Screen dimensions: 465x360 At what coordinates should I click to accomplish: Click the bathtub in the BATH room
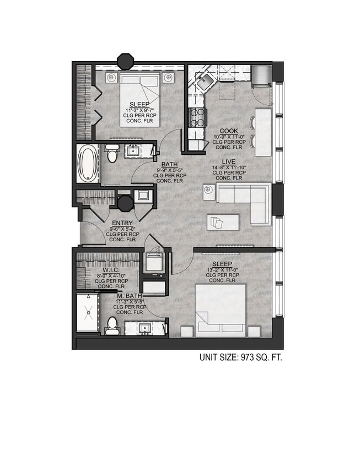[88, 164]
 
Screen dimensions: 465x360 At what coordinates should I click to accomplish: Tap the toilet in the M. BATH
[112, 326]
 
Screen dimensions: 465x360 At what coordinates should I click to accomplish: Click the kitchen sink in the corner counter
[205, 81]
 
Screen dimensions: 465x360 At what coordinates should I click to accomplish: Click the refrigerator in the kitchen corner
[261, 75]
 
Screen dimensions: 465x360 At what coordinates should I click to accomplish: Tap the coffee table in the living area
[223, 223]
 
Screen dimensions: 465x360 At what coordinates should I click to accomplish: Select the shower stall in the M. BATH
[87, 312]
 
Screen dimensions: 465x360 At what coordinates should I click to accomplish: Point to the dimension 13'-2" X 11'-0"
[223, 269]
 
